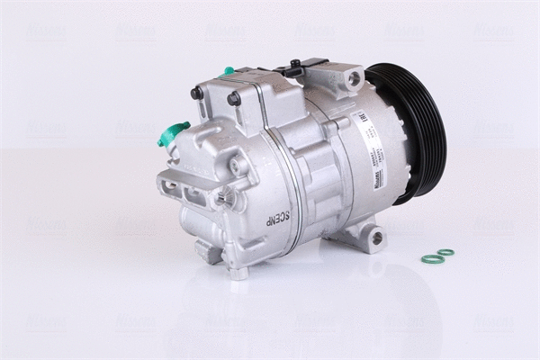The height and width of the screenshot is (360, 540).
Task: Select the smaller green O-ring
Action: tap(445, 252)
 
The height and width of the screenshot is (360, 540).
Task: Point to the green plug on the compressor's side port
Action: tap(171, 134)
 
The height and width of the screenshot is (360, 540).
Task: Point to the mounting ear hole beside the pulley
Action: tap(354, 80)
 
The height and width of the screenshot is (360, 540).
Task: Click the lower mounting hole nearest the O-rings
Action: tap(377, 238)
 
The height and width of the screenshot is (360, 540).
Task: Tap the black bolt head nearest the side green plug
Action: tap(194, 94)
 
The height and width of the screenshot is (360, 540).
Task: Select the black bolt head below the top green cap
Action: tap(234, 97)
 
